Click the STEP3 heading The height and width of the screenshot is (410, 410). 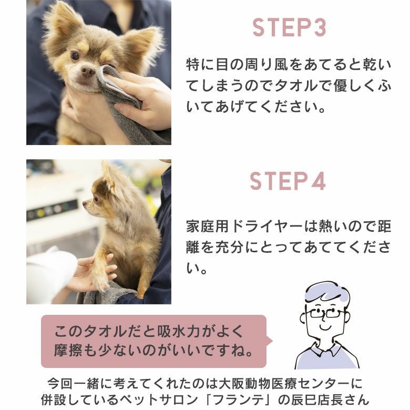(x=290, y=27)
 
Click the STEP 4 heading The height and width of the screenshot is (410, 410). (x=288, y=181)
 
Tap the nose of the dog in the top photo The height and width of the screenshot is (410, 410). (x=88, y=70)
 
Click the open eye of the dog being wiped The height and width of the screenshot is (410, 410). (x=75, y=55)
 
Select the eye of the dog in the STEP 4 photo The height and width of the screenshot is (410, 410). (x=96, y=199)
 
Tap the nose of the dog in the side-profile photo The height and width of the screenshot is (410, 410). (x=85, y=203)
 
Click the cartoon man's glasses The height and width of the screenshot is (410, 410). (x=325, y=313)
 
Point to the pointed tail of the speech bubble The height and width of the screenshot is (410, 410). (x=272, y=341)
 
